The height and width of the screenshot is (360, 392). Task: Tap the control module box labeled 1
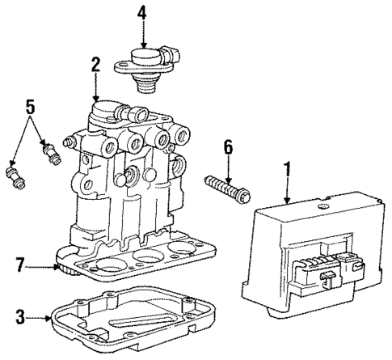307,243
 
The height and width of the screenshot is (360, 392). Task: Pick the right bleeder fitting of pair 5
51,151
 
